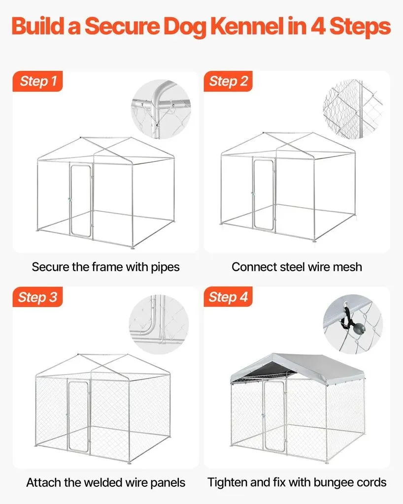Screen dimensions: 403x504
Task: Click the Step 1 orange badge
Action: coord(37,81)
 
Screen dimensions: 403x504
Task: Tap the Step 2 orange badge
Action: coord(228,81)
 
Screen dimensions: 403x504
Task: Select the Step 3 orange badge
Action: coord(37,297)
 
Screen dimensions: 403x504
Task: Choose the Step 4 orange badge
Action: coord(228,297)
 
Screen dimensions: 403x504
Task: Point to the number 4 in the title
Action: coord(318,27)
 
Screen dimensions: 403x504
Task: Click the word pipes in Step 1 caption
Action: coord(166,267)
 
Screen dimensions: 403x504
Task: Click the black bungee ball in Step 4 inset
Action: coord(358,328)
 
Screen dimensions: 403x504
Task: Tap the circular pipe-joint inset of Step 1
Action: coord(161,109)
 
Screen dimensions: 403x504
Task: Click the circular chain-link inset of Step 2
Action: coord(353,109)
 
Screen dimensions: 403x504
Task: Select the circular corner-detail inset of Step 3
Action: coord(159,324)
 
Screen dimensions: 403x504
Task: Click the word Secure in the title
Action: coord(123,27)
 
